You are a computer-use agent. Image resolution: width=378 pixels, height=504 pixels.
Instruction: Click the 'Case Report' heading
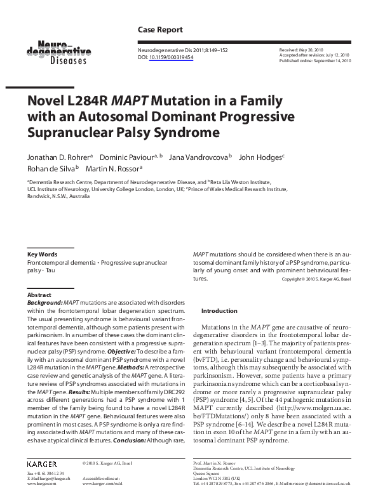pos(160,30)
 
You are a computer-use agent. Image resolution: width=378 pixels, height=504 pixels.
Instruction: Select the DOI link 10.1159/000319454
pos(172,57)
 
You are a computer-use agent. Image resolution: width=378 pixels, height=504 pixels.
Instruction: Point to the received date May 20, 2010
pos(311,50)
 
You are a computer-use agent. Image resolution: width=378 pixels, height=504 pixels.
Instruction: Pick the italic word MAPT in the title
pos(130,101)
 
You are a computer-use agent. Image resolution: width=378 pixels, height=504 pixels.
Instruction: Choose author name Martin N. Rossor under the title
pos(114,168)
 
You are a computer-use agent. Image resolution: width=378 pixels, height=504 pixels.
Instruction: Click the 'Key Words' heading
pos(42,254)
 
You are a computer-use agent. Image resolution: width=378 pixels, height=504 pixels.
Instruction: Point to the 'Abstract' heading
pos(39,296)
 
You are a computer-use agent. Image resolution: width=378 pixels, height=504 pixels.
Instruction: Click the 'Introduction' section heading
pos(219,311)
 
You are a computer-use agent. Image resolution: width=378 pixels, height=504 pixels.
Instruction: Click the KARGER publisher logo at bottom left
pos(43,463)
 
